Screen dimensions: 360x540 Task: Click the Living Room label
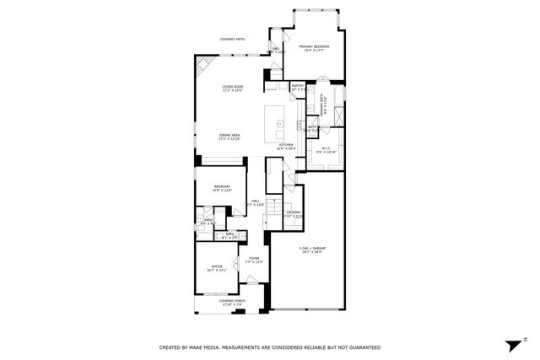point(232,87)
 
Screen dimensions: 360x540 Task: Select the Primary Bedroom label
point(314,47)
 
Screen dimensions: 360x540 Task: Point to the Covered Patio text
point(232,39)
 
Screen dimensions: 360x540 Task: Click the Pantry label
point(297,86)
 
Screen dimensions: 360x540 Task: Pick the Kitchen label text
point(287,145)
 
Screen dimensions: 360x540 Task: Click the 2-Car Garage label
point(312,249)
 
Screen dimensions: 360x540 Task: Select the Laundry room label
point(293,213)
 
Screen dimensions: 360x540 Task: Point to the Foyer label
point(254,260)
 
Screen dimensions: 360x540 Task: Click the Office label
point(217,267)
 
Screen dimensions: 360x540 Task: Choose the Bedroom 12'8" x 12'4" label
point(220,187)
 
